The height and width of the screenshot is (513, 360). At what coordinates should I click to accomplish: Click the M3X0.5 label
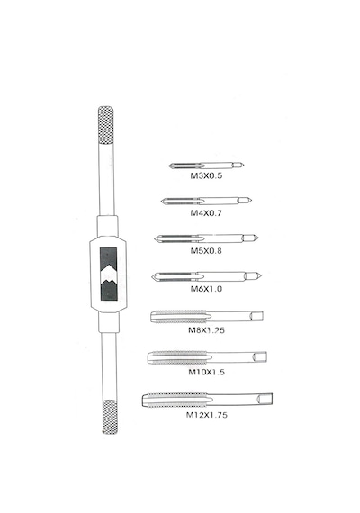point(206,175)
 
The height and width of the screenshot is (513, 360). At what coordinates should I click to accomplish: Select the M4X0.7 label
point(206,213)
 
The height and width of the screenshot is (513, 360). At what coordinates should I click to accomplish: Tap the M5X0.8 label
point(206,250)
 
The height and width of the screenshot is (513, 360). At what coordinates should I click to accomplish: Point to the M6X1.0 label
point(206,289)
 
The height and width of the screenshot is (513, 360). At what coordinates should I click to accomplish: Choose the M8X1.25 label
point(206,330)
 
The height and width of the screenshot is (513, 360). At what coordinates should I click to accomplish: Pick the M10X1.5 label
point(206,372)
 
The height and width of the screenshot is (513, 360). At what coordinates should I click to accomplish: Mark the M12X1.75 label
point(206,415)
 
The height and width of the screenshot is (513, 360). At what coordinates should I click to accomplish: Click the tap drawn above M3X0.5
point(206,166)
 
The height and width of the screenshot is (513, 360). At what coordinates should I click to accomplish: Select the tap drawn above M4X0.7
point(206,201)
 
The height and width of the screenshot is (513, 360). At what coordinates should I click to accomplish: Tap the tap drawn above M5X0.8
point(206,238)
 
